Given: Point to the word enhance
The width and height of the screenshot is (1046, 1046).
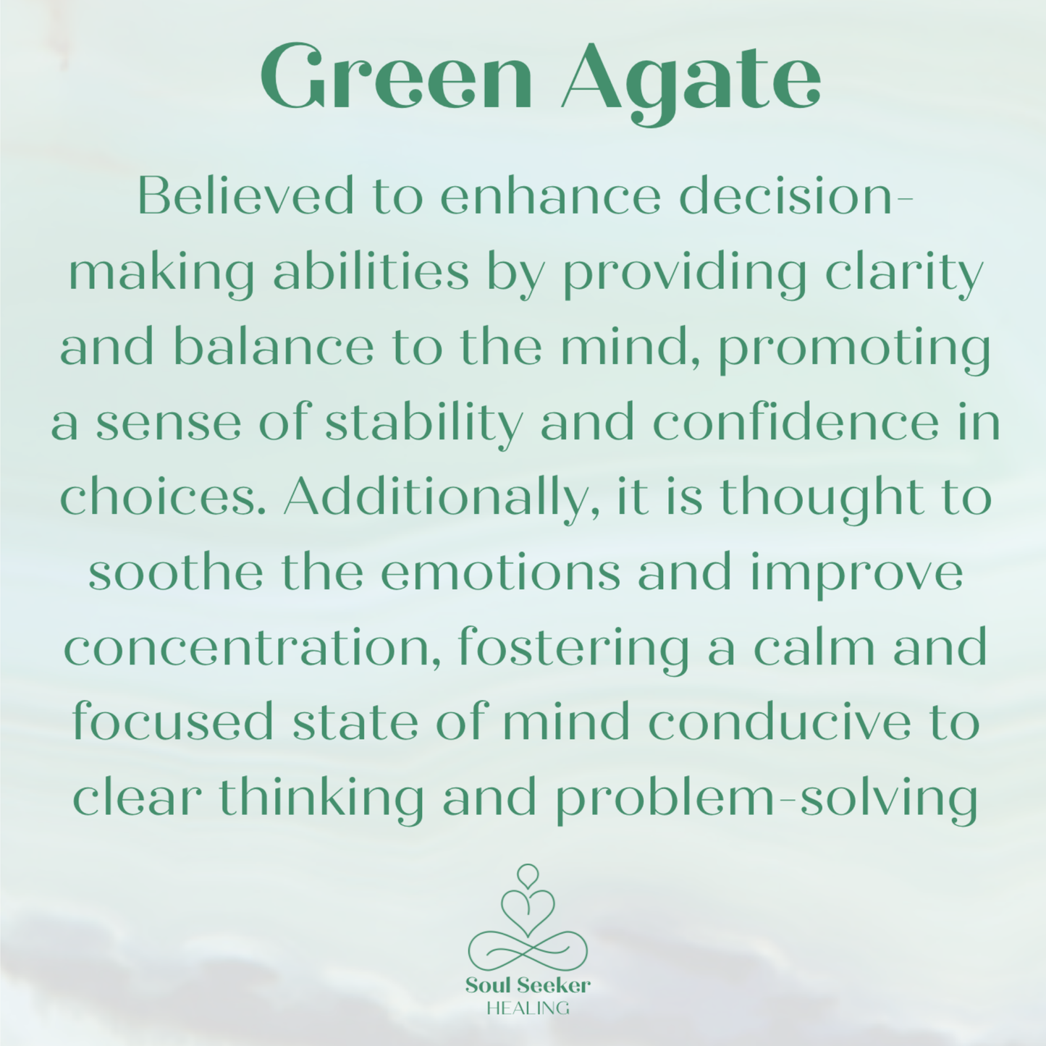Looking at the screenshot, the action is click(550, 196).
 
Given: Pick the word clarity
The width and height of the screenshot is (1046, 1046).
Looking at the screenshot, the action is click(904, 274).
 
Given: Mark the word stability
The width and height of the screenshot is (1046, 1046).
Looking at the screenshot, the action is click(423, 425).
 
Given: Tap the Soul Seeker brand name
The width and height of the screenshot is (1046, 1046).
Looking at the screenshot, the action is click(528, 985).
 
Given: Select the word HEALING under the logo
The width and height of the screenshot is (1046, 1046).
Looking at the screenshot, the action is click(528, 1008).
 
